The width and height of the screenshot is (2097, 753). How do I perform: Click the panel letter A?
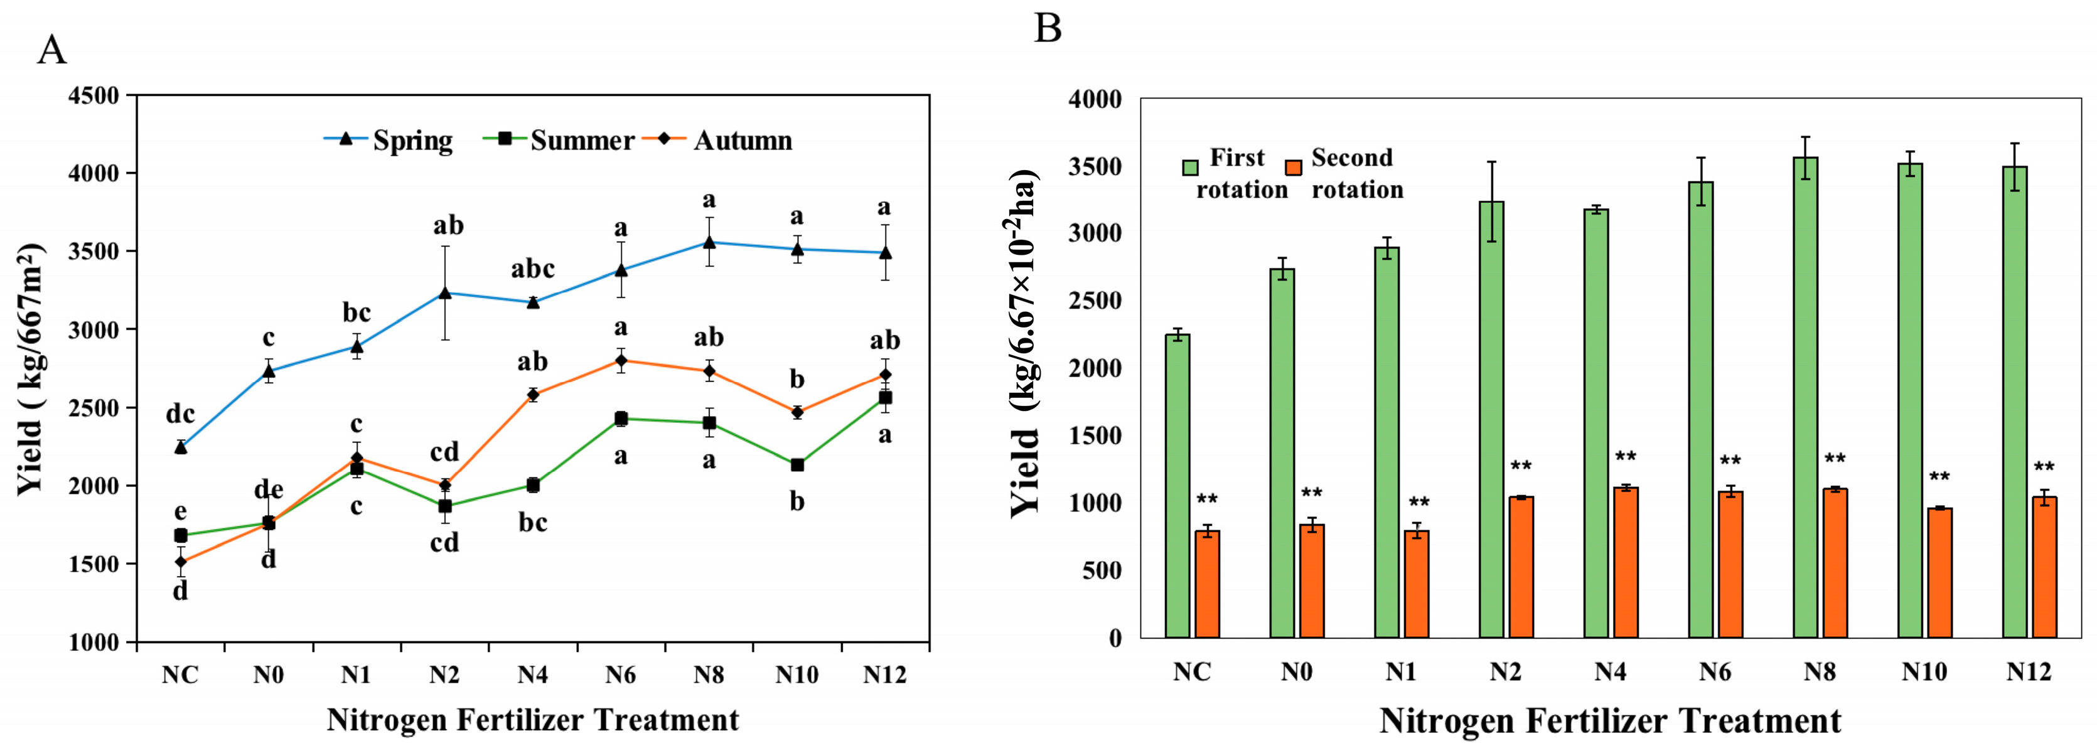(51, 50)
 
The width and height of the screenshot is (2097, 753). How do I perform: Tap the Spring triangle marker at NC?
(181, 447)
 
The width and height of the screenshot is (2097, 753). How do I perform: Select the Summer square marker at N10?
(797, 465)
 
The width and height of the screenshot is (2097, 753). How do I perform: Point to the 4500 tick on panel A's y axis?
(94, 95)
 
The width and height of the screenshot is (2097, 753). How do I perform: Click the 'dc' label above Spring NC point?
(181, 414)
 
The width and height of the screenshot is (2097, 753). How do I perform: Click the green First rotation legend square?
(1190, 168)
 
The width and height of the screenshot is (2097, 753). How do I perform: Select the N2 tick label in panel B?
(1505, 671)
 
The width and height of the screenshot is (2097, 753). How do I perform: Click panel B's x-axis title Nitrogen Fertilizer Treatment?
(1609, 721)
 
